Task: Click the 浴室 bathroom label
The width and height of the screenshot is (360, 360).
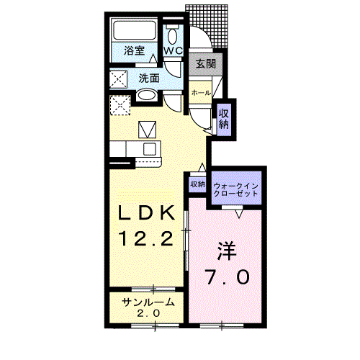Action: point(134,51)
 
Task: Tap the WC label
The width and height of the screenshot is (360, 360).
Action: point(173,51)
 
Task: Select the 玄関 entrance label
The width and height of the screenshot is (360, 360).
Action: point(204,63)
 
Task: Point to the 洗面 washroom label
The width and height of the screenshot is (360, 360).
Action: point(149,77)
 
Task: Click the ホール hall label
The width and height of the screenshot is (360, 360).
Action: point(201,93)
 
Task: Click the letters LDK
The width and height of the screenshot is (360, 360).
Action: point(147,214)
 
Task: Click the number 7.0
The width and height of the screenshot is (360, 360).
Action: point(227,277)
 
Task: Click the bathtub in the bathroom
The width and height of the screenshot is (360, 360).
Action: point(135,31)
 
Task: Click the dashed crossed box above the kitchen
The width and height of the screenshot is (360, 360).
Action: point(120,105)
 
